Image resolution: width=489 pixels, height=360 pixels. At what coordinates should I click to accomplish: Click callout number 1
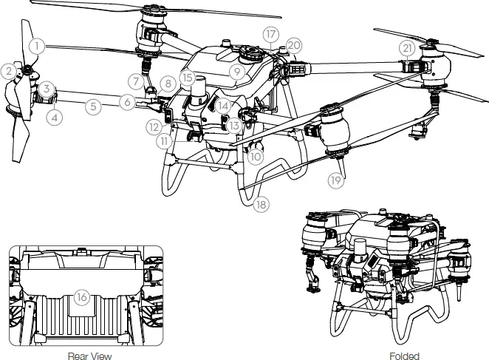tap(38, 45)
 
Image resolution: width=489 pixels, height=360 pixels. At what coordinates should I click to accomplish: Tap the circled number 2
tap(8, 71)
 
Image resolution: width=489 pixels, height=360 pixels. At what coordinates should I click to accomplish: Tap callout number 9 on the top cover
tap(237, 72)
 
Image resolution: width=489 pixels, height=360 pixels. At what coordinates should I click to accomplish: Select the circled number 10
tap(256, 156)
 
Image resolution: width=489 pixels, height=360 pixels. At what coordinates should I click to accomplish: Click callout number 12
tap(153, 127)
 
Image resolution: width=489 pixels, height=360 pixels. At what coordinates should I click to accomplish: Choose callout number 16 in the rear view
tap(83, 297)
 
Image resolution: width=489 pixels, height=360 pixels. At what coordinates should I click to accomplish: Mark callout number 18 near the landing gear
tap(260, 205)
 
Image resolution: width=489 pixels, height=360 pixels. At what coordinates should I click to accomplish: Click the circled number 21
tap(407, 47)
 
